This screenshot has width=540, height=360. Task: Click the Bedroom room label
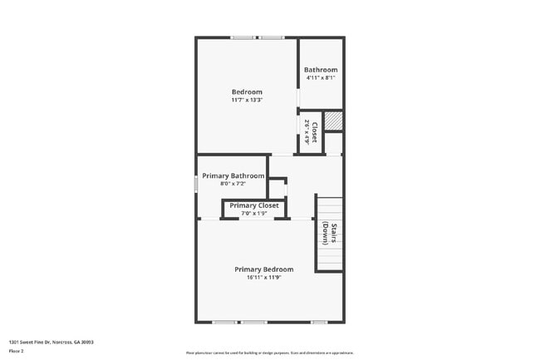click(247, 91)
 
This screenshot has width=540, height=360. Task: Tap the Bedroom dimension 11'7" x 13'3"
click(247, 100)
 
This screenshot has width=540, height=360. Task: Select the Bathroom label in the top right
click(321, 69)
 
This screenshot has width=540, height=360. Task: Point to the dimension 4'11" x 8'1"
click(321, 77)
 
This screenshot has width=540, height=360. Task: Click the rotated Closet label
click(314, 133)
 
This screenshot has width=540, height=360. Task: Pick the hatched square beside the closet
click(333, 121)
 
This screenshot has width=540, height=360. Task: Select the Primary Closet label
click(254, 205)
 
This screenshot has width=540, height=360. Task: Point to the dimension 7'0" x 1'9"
click(254, 214)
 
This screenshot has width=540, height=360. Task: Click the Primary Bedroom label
click(263, 269)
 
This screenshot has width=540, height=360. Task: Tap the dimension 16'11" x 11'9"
click(263, 278)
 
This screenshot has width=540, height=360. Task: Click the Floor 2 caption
click(17, 352)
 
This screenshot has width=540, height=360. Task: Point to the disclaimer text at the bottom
click(269, 353)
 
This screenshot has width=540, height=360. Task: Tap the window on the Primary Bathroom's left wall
click(196, 183)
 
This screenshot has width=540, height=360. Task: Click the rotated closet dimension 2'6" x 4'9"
click(307, 133)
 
